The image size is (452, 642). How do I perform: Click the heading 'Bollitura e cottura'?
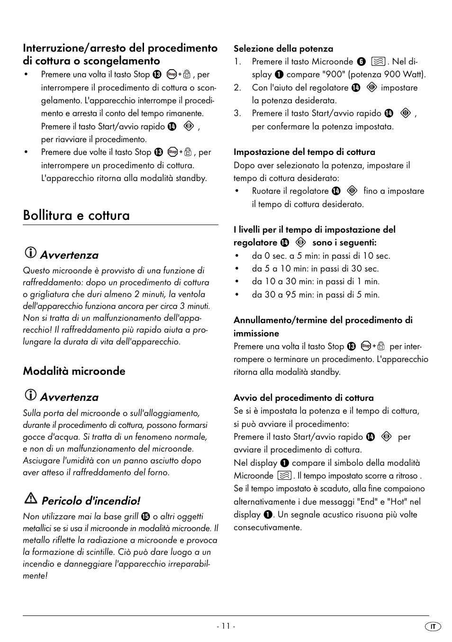click(76, 216)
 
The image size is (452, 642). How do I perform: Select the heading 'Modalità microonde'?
click(74, 371)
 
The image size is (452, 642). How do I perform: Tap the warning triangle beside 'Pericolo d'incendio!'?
click(31, 499)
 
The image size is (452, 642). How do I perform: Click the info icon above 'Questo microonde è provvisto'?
click(30, 253)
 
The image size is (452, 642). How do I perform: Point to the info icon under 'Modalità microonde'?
click(30, 395)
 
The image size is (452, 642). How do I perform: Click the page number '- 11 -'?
click(226, 626)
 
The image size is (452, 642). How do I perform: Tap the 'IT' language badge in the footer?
click(433, 626)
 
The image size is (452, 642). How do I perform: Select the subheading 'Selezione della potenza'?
click(283, 49)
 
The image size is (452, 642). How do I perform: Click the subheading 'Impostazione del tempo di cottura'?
click(304, 152)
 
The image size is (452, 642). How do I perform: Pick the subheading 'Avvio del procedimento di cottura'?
click(303, 398)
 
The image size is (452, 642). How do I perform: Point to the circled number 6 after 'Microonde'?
click(362, 62)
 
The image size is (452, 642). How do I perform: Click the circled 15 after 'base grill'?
click(145, 517)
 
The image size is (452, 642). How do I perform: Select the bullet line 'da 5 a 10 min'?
click(315, 269)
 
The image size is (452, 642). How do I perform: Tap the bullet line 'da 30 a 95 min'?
click(316, 295)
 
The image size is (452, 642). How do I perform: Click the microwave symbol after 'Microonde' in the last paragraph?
click(284, 476)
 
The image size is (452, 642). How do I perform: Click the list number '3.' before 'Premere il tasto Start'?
click(237, 114)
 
